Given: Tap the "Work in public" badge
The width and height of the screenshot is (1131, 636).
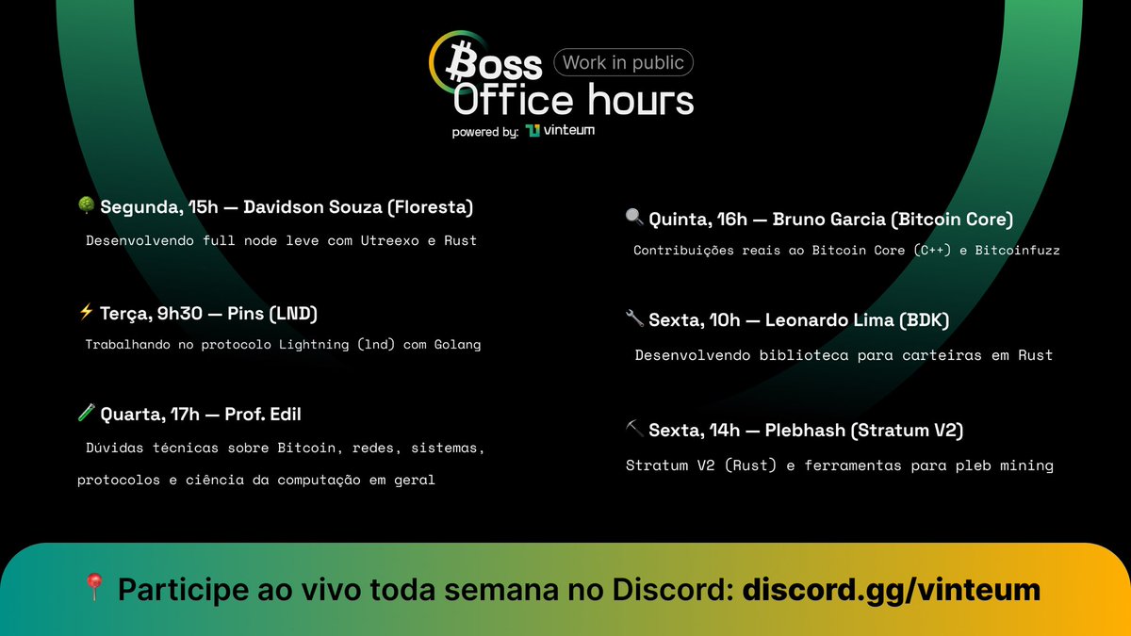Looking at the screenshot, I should coord(623,63).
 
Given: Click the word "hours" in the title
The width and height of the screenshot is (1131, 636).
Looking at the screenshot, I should coord(640,99).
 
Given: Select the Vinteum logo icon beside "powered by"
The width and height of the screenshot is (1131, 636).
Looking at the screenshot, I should coord(533,131).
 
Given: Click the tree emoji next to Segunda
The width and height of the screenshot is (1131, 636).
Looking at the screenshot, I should coord(86,206).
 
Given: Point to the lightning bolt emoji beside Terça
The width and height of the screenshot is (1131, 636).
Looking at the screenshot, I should coord(86,313).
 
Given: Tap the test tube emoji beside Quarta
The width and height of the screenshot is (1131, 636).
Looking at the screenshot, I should coord(86,414).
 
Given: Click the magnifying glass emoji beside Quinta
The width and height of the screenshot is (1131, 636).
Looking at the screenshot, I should coord(634,219).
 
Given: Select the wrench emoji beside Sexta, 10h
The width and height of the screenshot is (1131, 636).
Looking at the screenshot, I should coord(634,320).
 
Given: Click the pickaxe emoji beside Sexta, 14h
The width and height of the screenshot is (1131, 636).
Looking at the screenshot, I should coord(634,430).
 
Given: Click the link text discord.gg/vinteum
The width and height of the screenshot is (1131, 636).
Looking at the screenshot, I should coord(891,590).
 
